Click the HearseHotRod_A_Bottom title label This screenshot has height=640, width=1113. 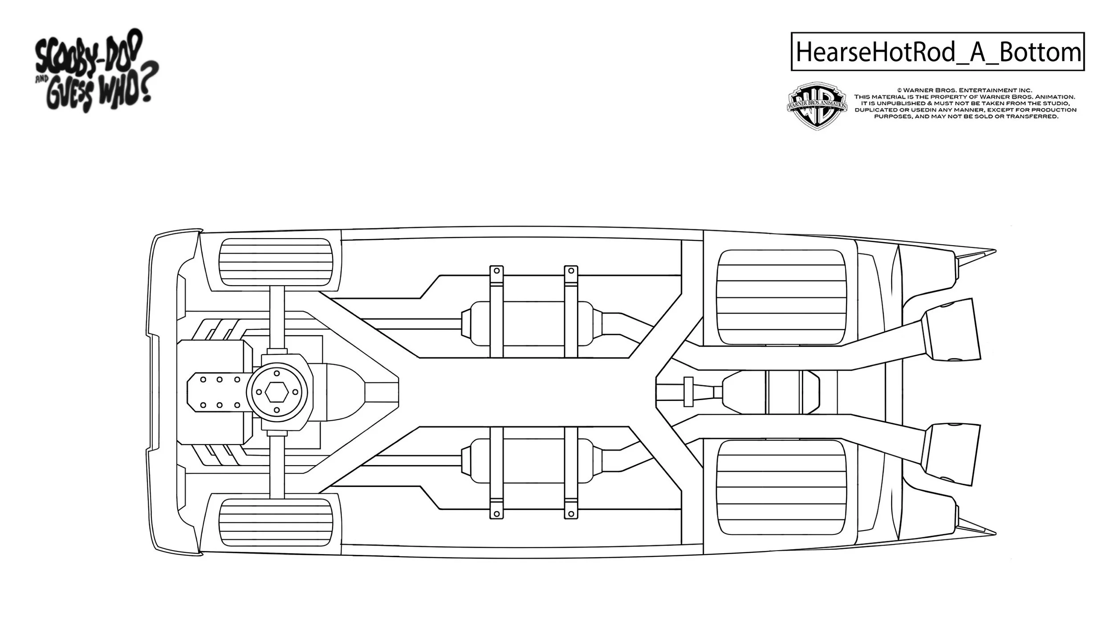tap(937, 52)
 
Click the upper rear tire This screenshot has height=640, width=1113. tap(781, 297)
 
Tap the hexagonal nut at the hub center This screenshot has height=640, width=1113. tap(276, 392)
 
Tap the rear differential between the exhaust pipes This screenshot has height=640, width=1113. tap(770, 392)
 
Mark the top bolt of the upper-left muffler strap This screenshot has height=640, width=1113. tap(496, 271)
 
